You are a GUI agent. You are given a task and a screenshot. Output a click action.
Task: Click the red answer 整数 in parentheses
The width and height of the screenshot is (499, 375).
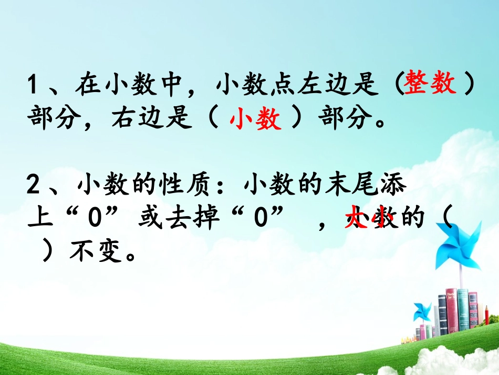[430, 85]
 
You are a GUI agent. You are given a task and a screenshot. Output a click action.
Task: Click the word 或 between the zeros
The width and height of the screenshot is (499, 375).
[148, 219]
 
